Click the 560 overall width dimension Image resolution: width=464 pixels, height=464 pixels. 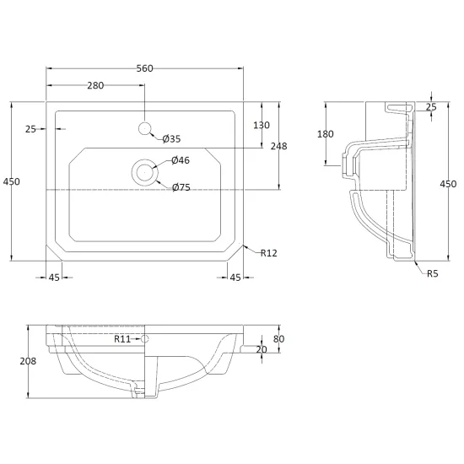click(145, 68)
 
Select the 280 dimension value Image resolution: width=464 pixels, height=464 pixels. click(95, 85)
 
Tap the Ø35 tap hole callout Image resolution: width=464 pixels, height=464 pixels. click(171, 138)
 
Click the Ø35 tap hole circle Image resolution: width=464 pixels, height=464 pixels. click(145, 128)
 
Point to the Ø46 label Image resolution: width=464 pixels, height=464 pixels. click(181, 160)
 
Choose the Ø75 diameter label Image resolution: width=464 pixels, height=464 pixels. click(181, 187)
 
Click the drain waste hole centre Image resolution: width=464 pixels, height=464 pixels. click(145, 172)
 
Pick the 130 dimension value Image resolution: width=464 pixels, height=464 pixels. click(262, 125)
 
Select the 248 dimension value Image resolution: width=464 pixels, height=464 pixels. click(278, 146)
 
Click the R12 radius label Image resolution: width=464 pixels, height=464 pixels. click(268, 253)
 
